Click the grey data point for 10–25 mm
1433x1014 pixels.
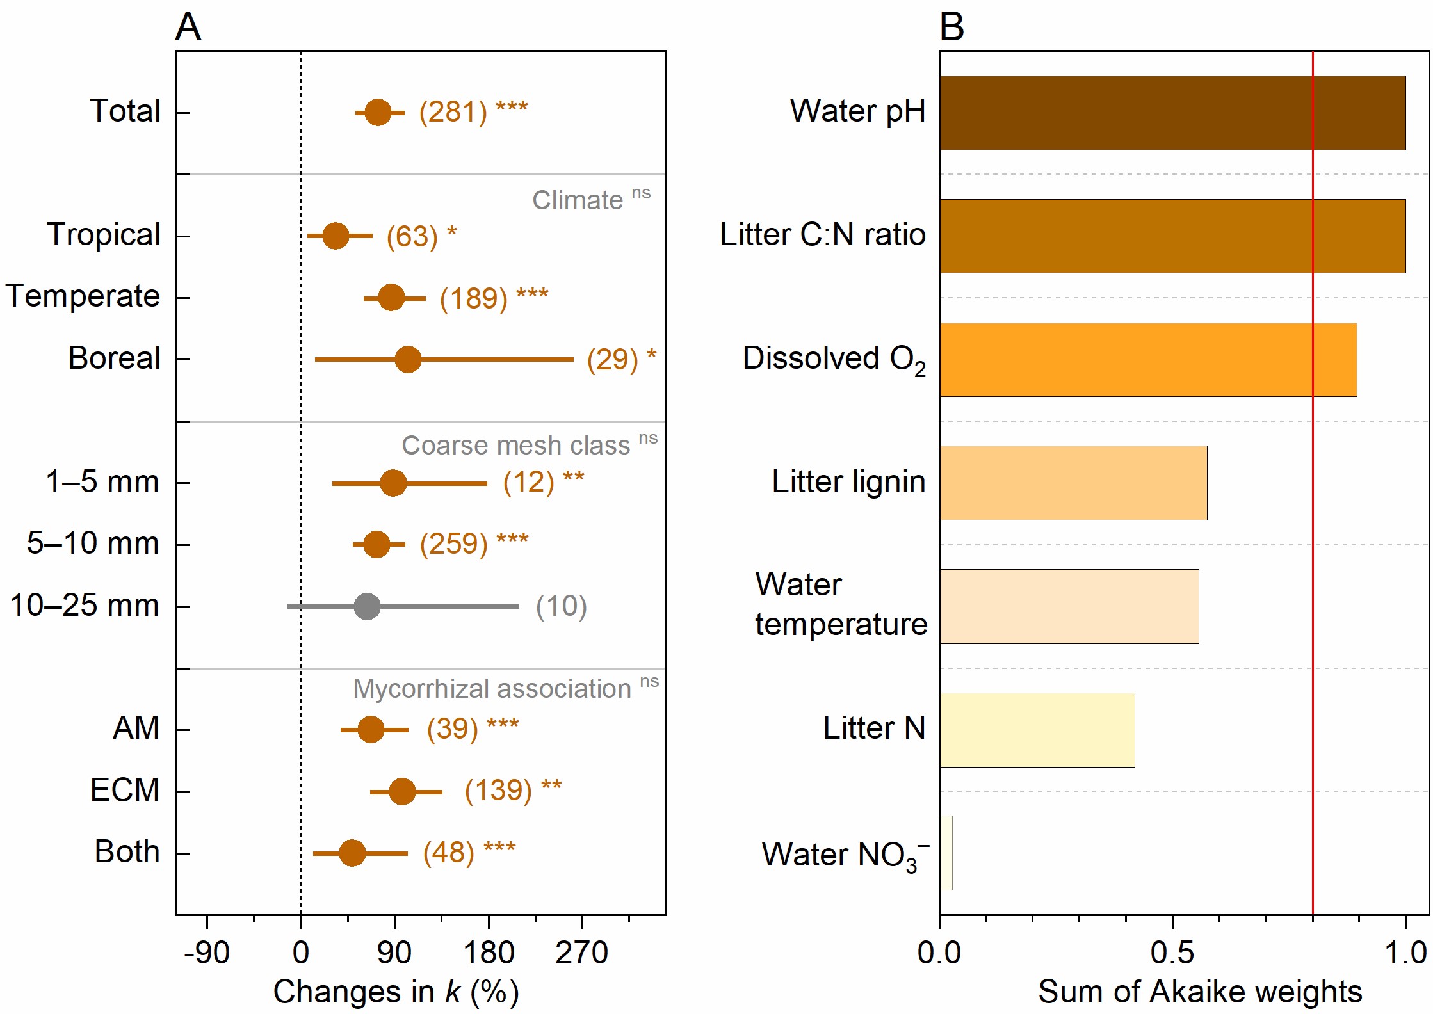(x=367, y=606)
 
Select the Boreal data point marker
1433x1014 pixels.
(x=408, y=359)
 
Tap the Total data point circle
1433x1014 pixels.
(x=378, y=113)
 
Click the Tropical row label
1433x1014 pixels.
(x=103, y=234)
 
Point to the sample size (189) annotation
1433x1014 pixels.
(x=473, y=298)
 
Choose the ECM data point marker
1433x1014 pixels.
(x=402, y=792)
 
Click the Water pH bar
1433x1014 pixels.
(x=1172, y=113)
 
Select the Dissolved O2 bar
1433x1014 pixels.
(x=1147, y=360)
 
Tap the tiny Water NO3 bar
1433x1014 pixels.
(x=946, y=853)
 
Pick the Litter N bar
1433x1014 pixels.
(x=1037, y=730)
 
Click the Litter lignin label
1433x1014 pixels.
(x=848, y=481)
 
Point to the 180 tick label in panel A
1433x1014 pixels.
(x=489, y=953)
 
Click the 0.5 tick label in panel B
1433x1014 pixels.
(x=1172, y=953)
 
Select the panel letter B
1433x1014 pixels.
(x=951, y=28)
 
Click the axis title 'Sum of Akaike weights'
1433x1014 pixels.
(x=1199, y=992)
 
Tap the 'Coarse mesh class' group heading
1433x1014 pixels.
(x=515, y=446)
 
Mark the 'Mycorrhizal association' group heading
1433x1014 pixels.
(x=492, y=689)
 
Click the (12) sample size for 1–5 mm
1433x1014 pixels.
(x=528, y=482)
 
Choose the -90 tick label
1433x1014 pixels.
(x=206, y=953)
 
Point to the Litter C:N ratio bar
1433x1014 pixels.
(x=1172, y=236)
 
